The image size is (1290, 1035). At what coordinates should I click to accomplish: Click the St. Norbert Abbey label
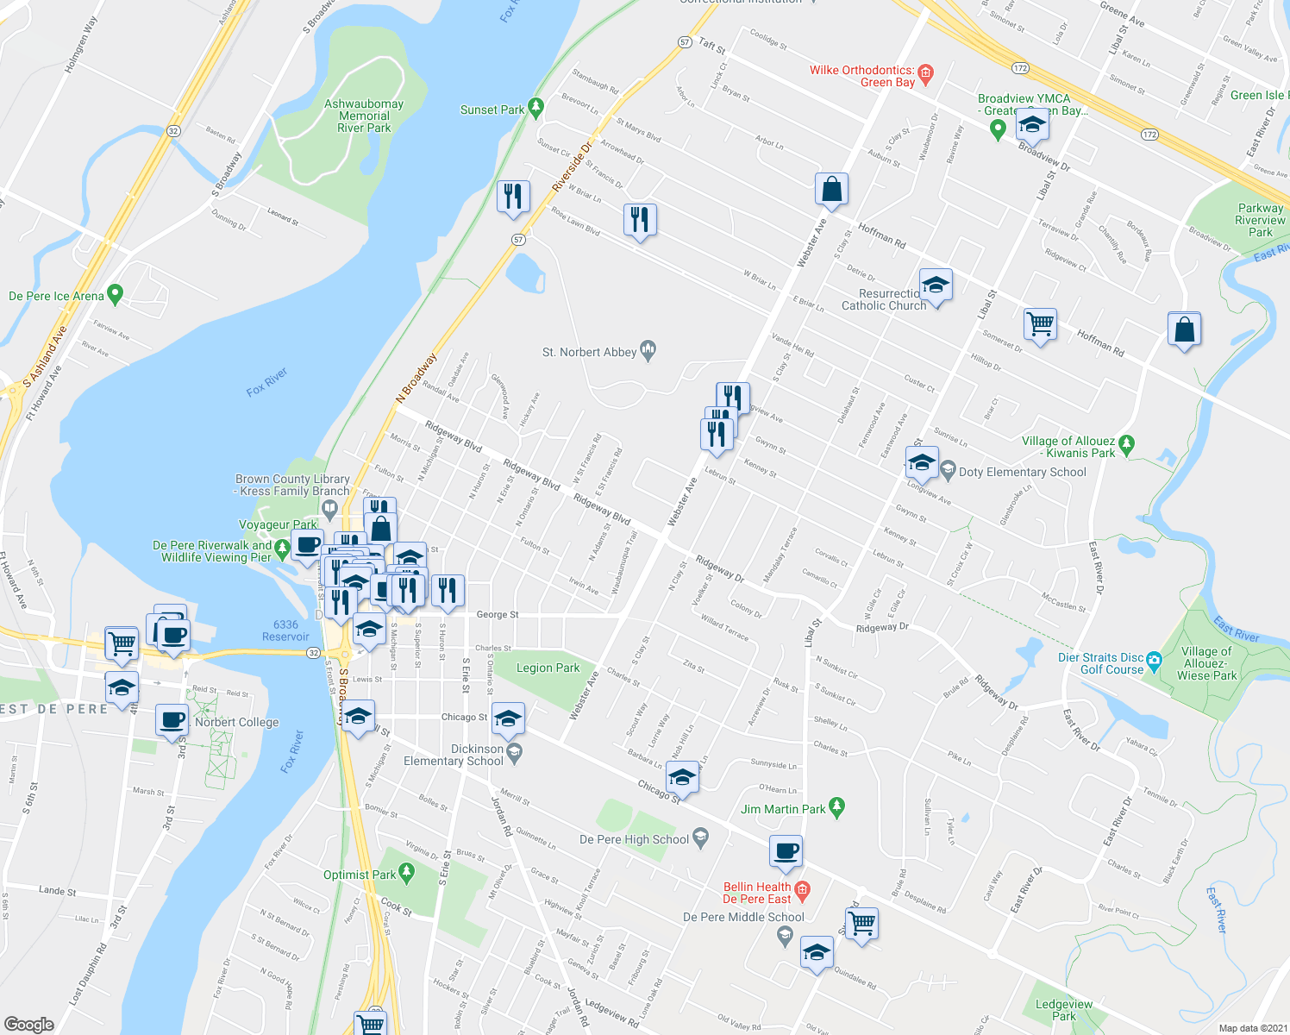tap(589, 352)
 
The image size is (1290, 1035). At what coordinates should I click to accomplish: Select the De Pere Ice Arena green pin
tap(115, 295)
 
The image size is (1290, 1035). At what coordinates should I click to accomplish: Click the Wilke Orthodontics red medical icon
tap(925, 72)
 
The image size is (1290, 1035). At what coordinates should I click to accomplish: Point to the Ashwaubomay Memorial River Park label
tap(364, 116)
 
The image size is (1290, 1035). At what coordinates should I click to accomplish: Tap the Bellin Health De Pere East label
tap(756, 893)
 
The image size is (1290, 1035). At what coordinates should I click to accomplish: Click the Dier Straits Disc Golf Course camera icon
tap(1155, 661)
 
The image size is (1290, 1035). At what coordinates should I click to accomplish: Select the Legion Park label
tap(548, 668)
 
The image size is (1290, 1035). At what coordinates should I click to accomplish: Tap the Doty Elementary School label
tap(1022, 472)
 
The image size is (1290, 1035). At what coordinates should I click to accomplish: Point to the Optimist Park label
tap(360, 875)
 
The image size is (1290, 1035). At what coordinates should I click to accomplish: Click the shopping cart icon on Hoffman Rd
tap(1040, 325)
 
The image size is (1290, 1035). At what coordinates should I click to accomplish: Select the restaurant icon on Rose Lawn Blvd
tap(640, 220)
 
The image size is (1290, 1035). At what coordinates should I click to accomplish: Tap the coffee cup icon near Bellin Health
tap(786, 851)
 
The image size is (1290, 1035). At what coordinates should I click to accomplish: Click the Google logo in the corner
tap(29, 1024)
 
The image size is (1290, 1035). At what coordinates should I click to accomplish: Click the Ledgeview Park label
tap(1063, 1010)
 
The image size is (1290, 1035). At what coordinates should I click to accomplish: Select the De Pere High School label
tap(634, 839)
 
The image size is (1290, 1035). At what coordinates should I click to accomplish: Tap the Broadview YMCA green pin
tap(998, 129)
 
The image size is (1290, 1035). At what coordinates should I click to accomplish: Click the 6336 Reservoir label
tap(285, 630)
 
